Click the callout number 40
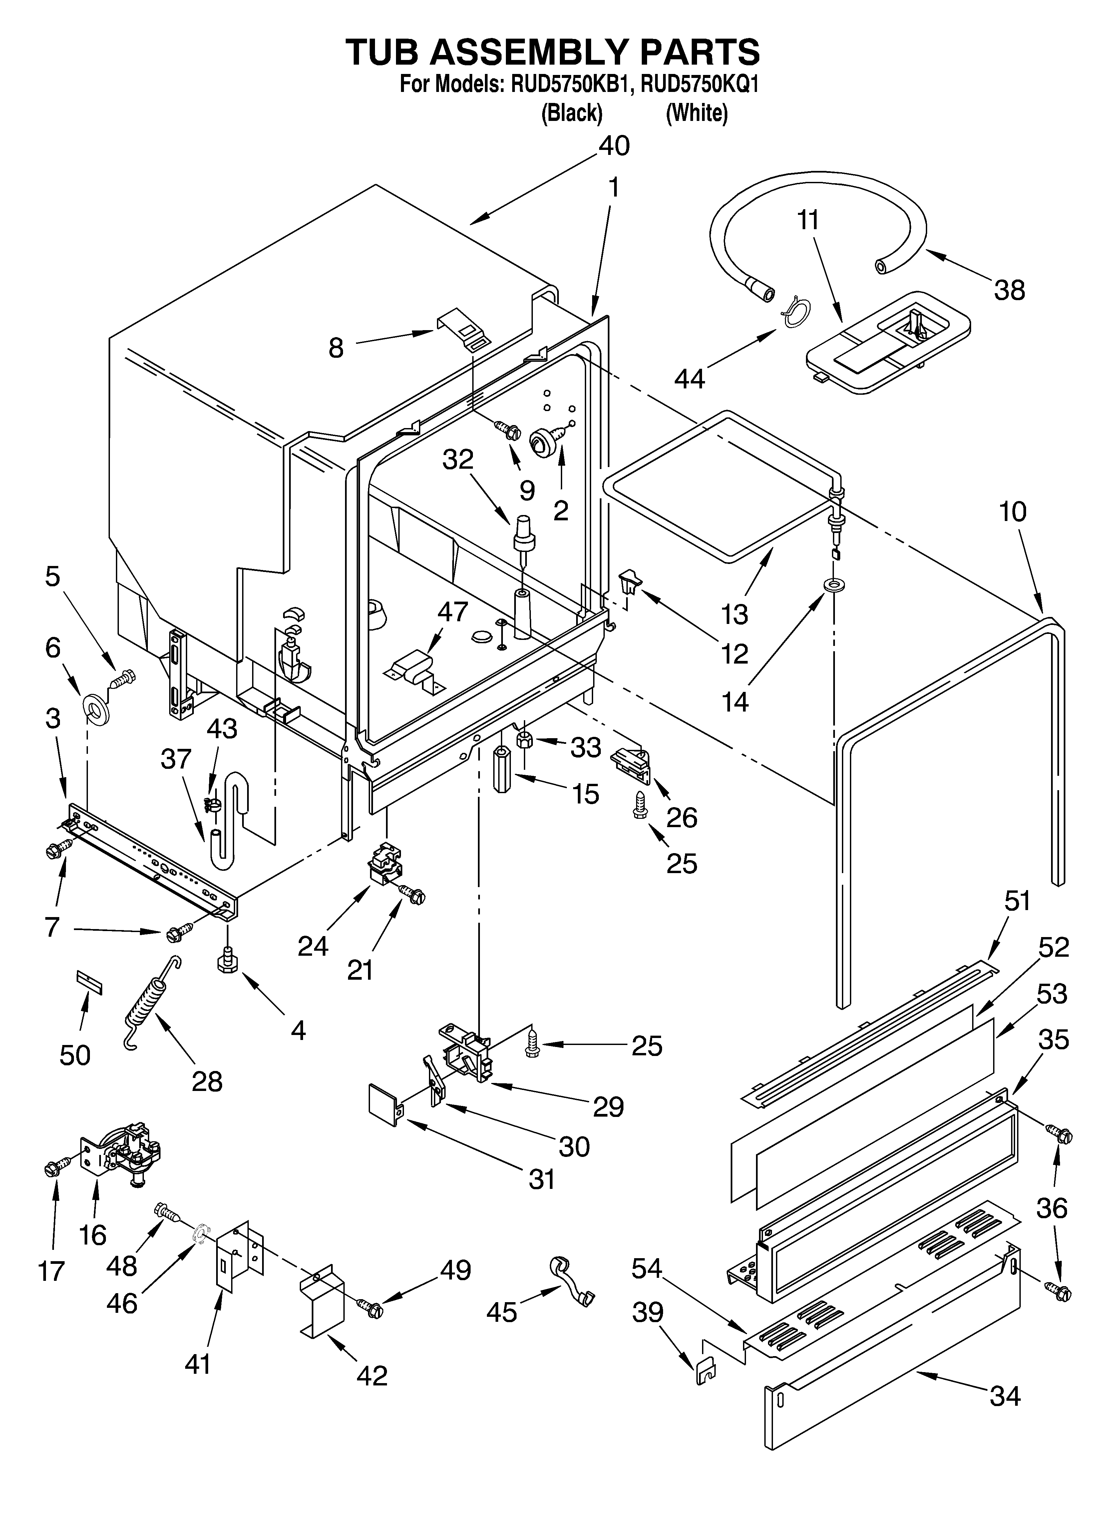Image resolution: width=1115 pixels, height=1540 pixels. click(613, 146)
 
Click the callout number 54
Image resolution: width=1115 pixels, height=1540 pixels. click(648, 1268)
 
